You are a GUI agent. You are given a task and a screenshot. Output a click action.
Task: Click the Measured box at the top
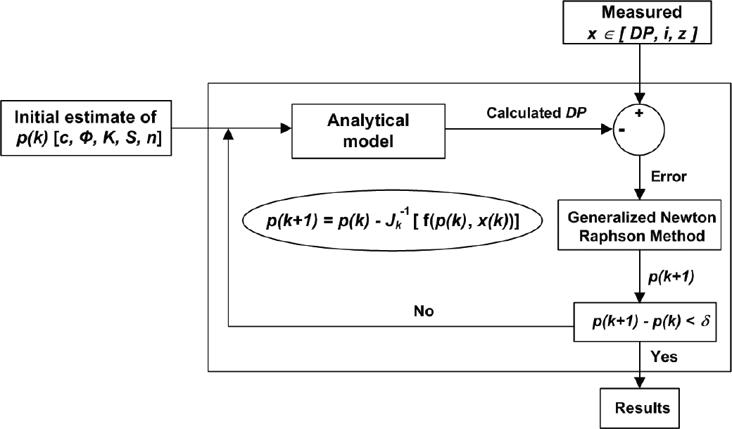(637, 23)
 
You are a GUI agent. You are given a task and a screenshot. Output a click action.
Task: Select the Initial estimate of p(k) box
(86, 128)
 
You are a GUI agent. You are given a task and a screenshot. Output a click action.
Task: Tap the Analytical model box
(368, 131)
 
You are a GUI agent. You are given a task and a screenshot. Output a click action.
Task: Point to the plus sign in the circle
(639, 113)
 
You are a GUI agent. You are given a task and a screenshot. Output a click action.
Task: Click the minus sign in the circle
(621, 130)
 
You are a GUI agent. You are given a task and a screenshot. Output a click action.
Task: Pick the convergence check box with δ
(645, 321)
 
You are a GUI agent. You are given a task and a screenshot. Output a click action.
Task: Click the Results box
(640, 408)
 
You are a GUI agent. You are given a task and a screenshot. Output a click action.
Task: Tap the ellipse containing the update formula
(392, 220)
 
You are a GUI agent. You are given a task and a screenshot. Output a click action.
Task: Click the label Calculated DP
(536, 113)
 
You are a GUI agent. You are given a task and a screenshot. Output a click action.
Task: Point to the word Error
(669, 177)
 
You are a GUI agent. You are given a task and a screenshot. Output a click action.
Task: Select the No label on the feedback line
(424, 311)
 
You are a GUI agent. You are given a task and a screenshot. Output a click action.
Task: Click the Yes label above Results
(664, 357)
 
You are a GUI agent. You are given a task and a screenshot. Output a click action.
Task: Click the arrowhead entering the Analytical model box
(286, 128)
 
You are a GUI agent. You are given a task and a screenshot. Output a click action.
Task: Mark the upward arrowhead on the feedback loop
(228, 134)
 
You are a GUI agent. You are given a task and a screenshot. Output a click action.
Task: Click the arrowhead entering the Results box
(640, 383)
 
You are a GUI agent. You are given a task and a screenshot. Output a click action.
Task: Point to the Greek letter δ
(705, 321)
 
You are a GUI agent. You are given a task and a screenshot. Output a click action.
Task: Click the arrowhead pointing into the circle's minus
(607, 130)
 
